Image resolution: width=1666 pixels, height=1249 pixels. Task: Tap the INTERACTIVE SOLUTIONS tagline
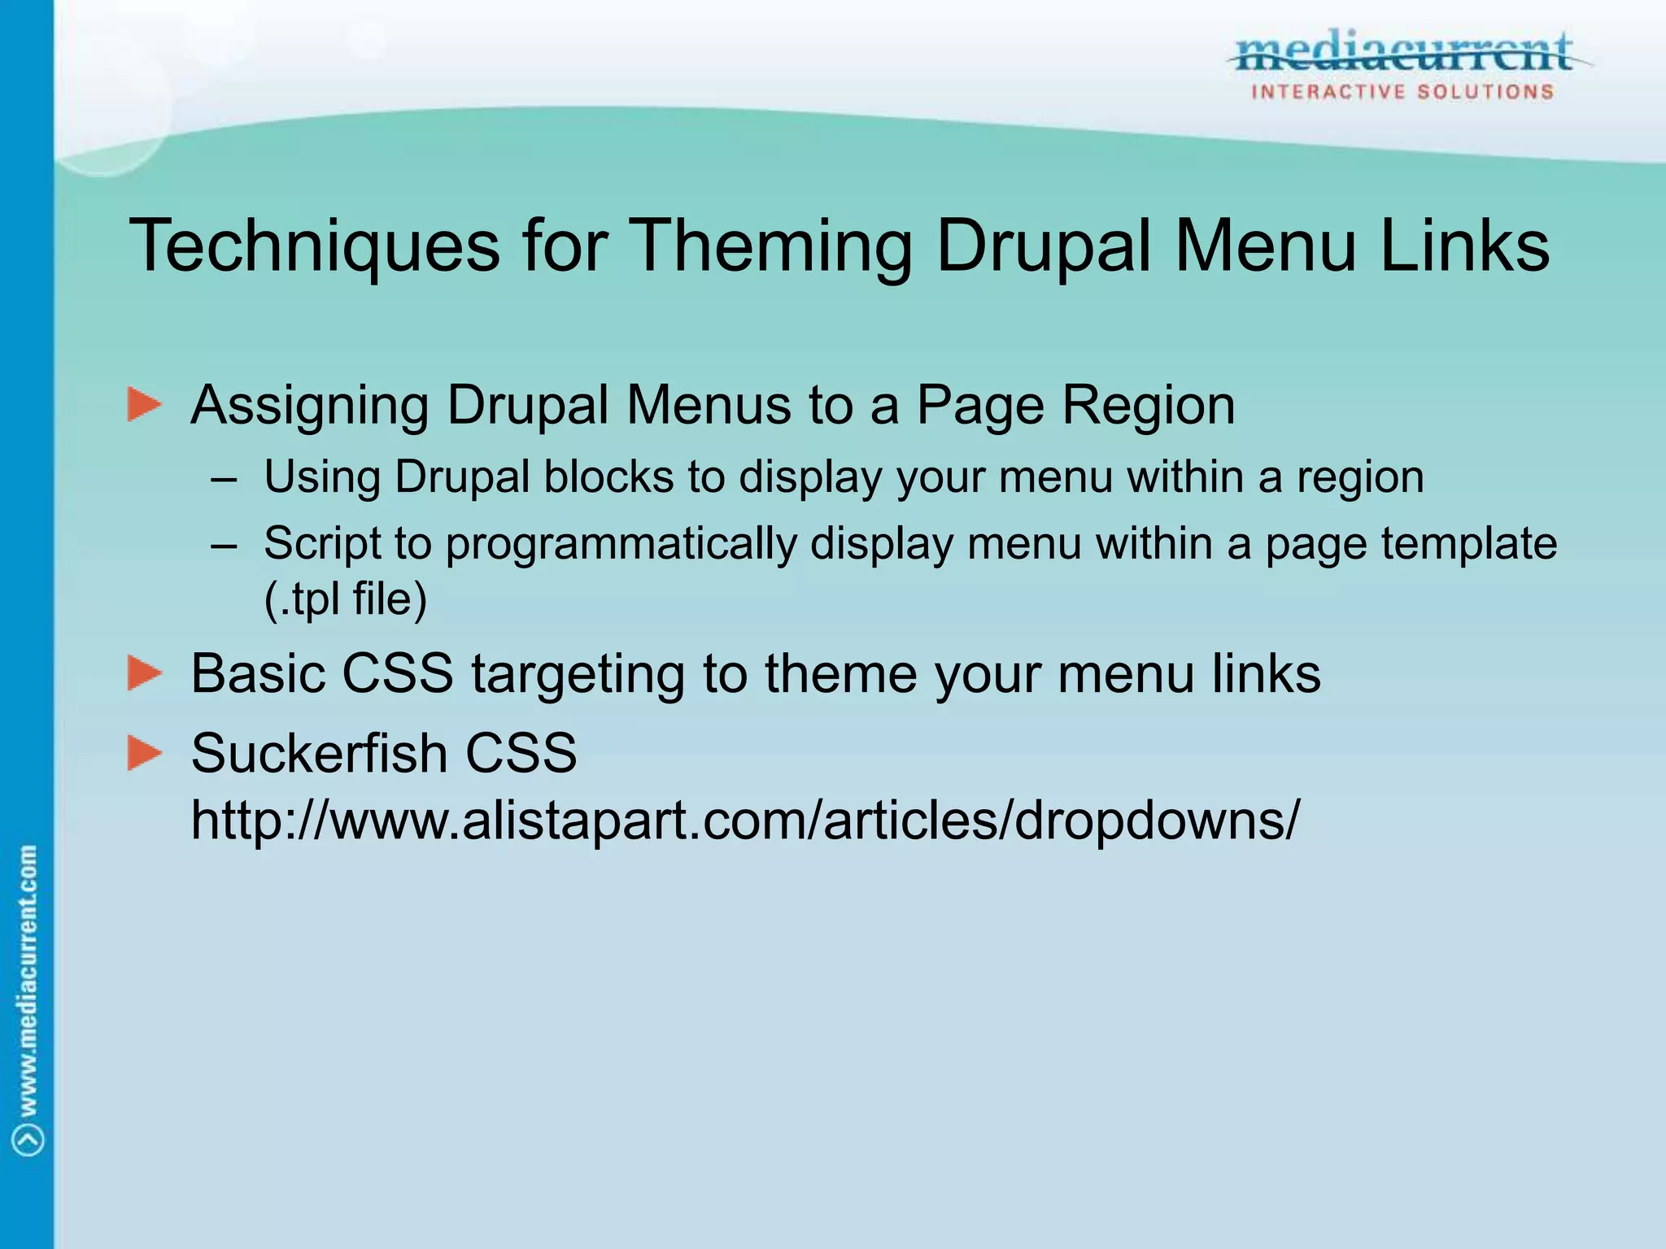1402,92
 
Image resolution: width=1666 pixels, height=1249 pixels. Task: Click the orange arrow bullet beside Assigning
145,405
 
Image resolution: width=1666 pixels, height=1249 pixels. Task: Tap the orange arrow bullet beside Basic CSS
145,673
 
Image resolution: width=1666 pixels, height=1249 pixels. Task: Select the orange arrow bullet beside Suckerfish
145,753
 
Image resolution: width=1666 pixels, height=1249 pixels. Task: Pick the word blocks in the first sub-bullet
608,477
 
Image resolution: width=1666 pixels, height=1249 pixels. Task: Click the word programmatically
621,543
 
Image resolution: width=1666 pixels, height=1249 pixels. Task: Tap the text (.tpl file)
346,599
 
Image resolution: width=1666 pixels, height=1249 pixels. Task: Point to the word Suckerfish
317,753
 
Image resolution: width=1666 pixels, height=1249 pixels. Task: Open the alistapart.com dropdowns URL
745,820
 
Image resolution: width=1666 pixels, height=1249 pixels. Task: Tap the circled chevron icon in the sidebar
28,1139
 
